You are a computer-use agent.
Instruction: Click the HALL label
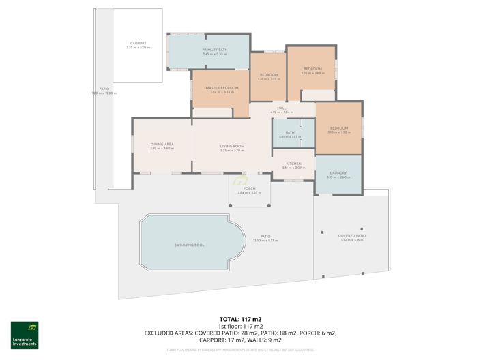[x=281, y=108]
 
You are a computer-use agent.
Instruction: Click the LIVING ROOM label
[x=232, y=146]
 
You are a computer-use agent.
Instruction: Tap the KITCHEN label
[x=293, y=164]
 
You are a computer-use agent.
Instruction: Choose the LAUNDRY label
[x=338, y=173]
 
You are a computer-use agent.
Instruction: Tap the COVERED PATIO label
[x=352, y=236]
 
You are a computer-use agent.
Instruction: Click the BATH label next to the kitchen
[x=290, y=133]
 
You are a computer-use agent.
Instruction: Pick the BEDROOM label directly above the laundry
[x=338, y=128]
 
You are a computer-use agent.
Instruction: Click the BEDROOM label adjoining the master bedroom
[x=269, y=74]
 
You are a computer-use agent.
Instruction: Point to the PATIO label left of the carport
[x=104, y=89]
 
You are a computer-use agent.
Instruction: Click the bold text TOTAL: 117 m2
[x=240, y=318]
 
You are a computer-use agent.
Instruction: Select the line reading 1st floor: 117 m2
[x=240, y=326]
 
